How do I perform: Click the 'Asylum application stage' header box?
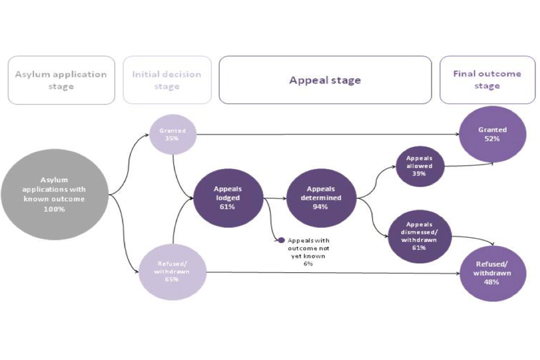click(61, 80)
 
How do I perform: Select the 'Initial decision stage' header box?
click(167, 80)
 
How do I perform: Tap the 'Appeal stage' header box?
click(325, 80)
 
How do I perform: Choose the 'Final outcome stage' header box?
click(487, 80)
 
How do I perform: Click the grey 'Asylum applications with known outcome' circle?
click(55, 195)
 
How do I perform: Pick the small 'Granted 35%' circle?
click(172, 134)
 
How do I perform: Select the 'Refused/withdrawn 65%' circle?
click(172, 272)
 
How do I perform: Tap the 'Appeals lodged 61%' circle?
click(227, 198)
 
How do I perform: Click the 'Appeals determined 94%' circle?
click(321, 198)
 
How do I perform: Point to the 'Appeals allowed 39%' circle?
click(420, 166)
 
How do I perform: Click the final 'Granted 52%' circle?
click(493, 134)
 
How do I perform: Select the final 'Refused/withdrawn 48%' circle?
click(493, 272)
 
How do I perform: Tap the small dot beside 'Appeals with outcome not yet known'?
click(281, 240)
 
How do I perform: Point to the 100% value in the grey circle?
click(55, 209)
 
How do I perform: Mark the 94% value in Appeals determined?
click(321, 207)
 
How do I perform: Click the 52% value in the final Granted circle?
click(493, 139)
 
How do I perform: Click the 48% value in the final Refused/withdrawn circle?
click(493, 282)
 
